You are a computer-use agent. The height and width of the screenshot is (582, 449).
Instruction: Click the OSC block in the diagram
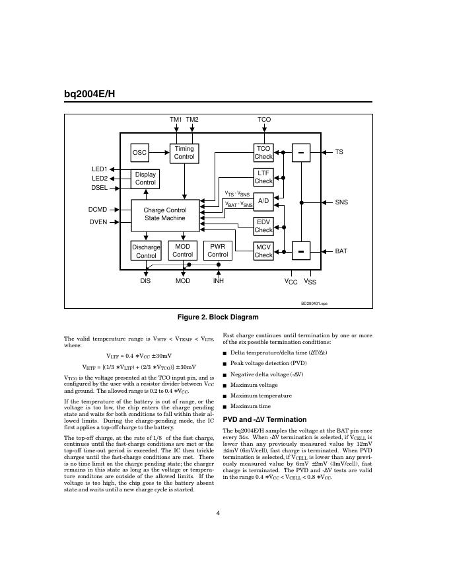(x=139, y=153)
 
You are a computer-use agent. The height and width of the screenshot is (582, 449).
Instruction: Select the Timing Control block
(x=184, y=153)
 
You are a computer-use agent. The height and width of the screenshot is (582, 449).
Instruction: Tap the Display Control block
(x=145, y=179)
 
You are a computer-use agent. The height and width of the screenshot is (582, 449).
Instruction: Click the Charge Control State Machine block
(x=164, y=214)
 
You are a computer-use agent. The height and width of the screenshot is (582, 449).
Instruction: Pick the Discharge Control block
(x=146, y=251)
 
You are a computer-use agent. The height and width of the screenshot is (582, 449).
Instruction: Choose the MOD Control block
(x=183, y=251)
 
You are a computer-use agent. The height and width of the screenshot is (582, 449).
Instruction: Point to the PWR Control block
(x=217, y=251)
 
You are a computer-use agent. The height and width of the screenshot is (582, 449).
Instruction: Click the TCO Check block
(x=263, y=153)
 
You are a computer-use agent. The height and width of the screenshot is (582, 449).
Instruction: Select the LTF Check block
(x=263, y=177)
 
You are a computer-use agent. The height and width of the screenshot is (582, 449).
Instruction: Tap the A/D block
(x=263, y=200)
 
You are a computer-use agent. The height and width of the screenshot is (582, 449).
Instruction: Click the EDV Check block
(x=263, y=226)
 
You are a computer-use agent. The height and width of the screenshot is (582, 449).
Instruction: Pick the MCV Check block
(x=263, y=251)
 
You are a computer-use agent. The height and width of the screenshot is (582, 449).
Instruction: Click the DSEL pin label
(x=99, y=188)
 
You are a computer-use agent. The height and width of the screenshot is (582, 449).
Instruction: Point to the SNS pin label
(x=341, y=202)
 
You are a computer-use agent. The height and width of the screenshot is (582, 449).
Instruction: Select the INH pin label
(x=218, y=281)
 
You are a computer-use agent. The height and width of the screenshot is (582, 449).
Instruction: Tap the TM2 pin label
(x=192, y=120)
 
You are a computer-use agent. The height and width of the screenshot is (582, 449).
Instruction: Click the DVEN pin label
(x=98, y=222)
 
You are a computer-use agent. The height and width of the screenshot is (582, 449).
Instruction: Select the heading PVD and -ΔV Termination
(x=265, y=420)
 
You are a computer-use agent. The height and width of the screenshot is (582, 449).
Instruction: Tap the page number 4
(x=218, y=513)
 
